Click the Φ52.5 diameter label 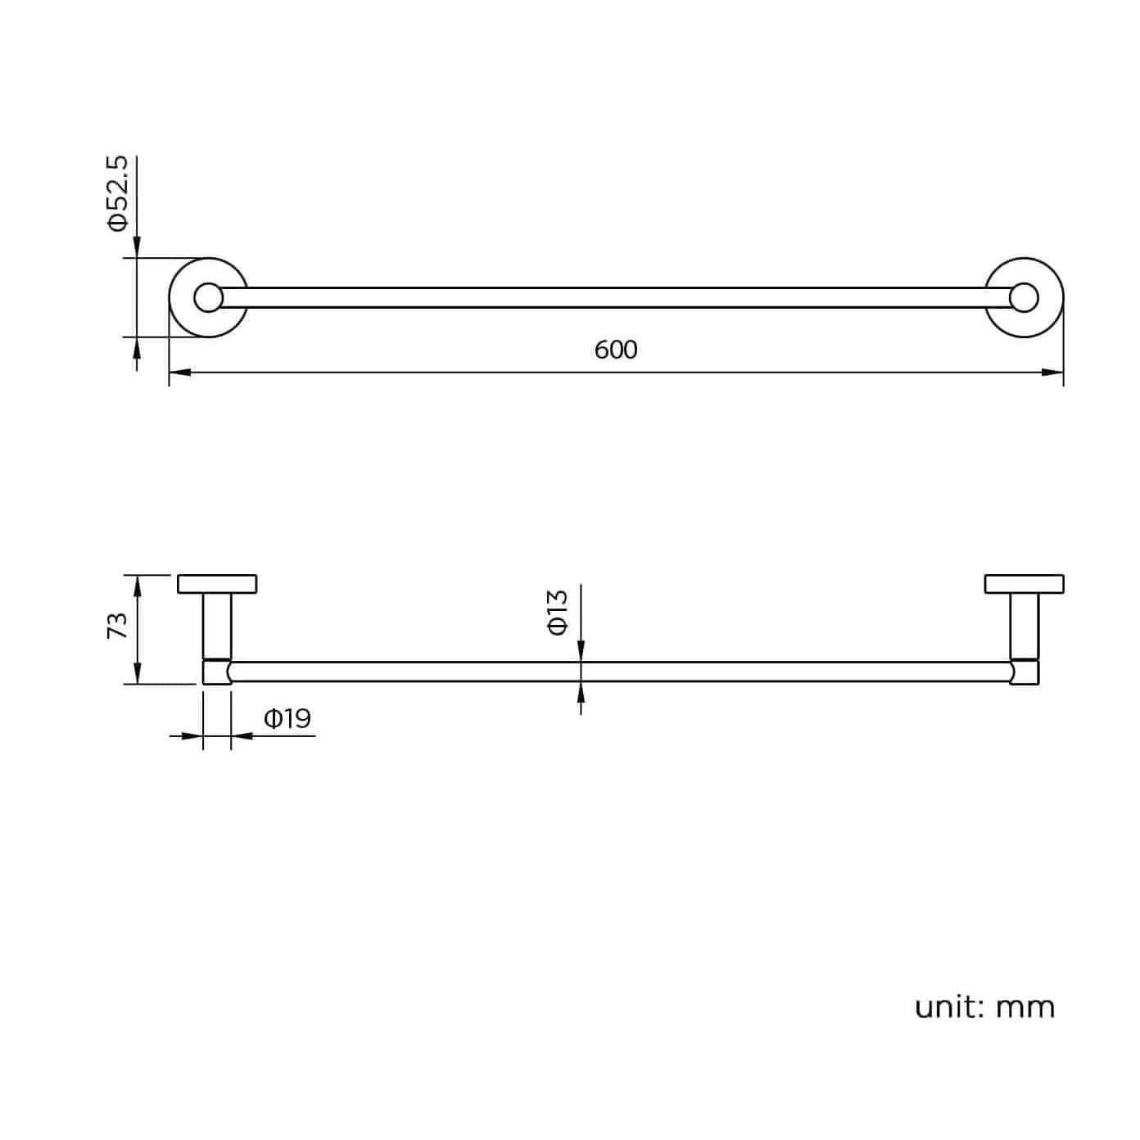point(119,194)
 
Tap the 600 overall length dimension point(615,350)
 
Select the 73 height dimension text point(118,627)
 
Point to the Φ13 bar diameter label point(557,612)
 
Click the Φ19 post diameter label point(287,719)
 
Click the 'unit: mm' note point(984,1007)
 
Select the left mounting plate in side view point(217,584)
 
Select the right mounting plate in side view point(1024,584)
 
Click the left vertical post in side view point(217,624)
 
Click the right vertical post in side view point(1024,624)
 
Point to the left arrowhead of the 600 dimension point(179,373)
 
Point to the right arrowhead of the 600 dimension point(1053,373)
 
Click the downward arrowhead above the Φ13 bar point(581,651)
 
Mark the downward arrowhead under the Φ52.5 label point(137,247)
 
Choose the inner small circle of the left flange point(207,297)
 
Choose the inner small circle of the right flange point(1024,297)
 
